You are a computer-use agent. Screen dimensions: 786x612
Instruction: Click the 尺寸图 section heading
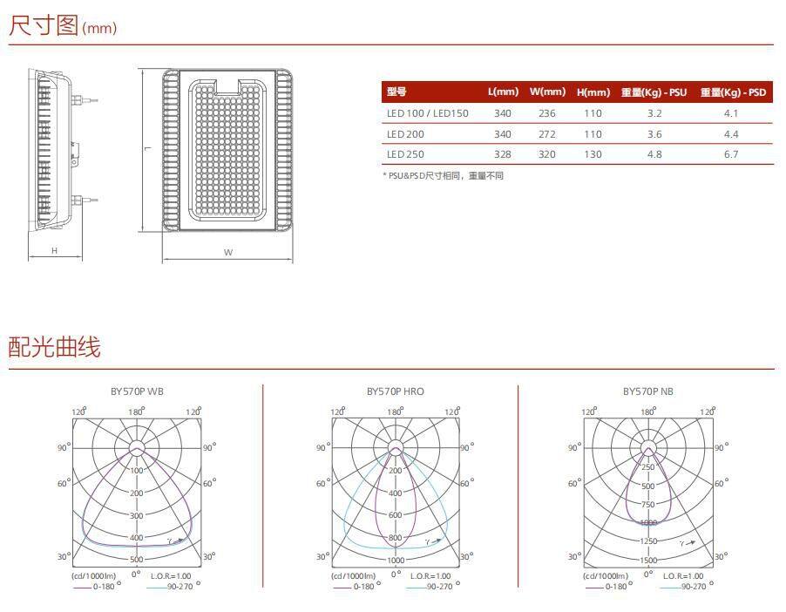(44, 25)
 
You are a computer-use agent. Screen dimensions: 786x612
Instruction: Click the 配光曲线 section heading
(54, 347)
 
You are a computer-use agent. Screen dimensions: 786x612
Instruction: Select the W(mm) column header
(547, 92)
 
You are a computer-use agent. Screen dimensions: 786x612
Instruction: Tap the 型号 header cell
(396, 92)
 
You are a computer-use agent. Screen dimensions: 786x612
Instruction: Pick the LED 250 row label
(405, 154)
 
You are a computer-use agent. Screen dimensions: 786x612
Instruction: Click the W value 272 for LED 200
(547, 134)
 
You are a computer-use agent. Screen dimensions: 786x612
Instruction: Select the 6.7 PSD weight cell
(731, 154)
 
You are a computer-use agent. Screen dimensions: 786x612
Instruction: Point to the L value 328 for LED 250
(503, 154)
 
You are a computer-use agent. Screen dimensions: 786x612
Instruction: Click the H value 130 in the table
(593, 154)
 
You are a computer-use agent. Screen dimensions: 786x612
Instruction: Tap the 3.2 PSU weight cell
(654, 113)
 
